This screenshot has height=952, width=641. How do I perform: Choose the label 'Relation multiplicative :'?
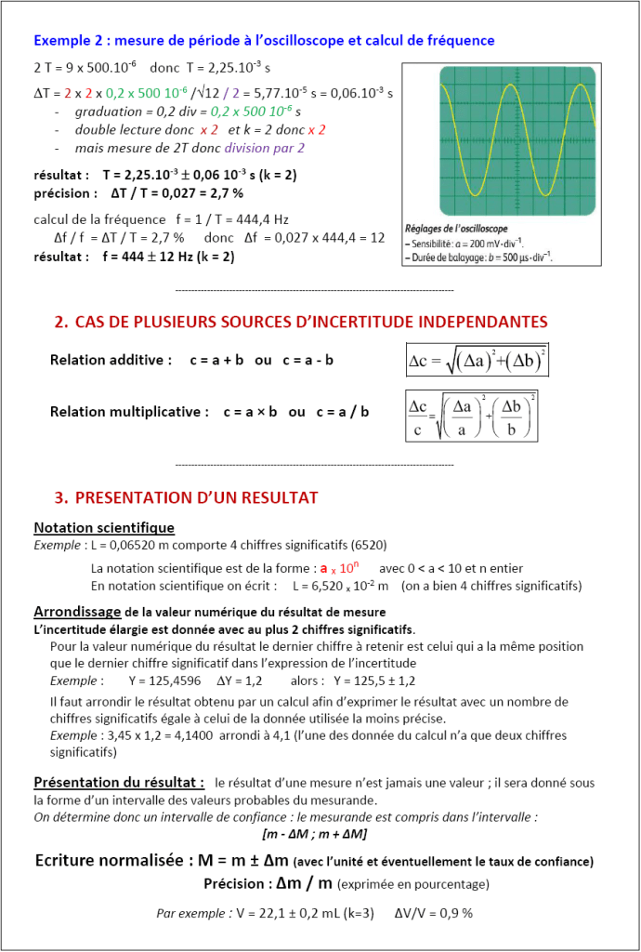[129, 411]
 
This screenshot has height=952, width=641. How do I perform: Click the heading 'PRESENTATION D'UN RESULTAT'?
[196, 497]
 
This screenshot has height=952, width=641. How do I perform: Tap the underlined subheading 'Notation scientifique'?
[104, 527]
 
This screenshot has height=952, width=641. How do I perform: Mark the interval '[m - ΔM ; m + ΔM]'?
[315, 833]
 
